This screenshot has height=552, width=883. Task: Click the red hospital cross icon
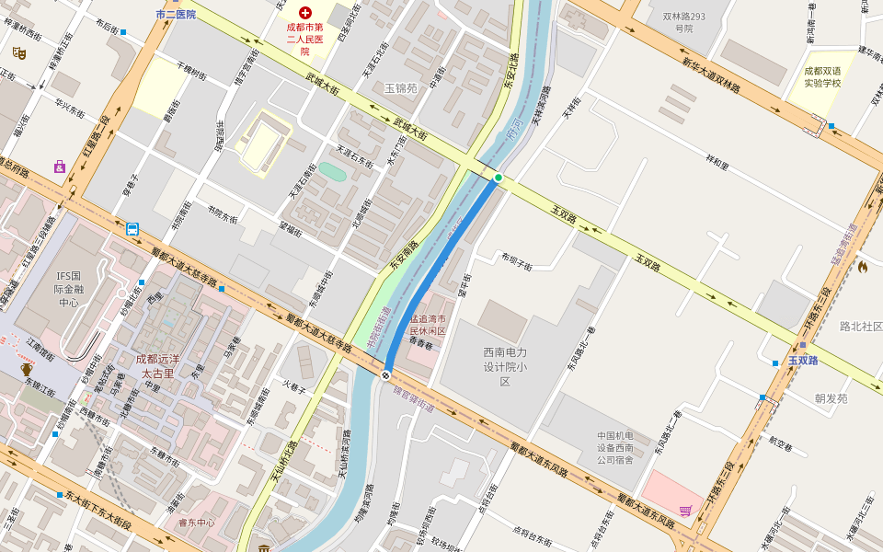(305, 14)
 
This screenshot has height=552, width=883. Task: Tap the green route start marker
(499, 178)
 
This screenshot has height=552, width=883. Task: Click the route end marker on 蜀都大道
(386, 374)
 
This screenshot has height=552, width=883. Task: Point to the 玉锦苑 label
(401, 89)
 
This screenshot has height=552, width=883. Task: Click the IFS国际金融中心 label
(69, 289)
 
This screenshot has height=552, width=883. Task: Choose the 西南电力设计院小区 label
(504, 366)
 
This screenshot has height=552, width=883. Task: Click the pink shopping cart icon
(684, 511)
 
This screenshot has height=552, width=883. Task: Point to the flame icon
(863, 267)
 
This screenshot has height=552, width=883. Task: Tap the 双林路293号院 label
(683, 22)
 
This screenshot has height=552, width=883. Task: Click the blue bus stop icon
(132, 229)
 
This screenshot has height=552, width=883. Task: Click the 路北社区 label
(861, 327)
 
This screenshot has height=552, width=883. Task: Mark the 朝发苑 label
(831, 398)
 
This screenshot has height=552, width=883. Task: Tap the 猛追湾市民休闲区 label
(427, 324)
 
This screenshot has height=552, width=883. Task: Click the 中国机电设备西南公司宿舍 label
(615, 447)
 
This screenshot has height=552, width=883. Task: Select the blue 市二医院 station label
(176, 15)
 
